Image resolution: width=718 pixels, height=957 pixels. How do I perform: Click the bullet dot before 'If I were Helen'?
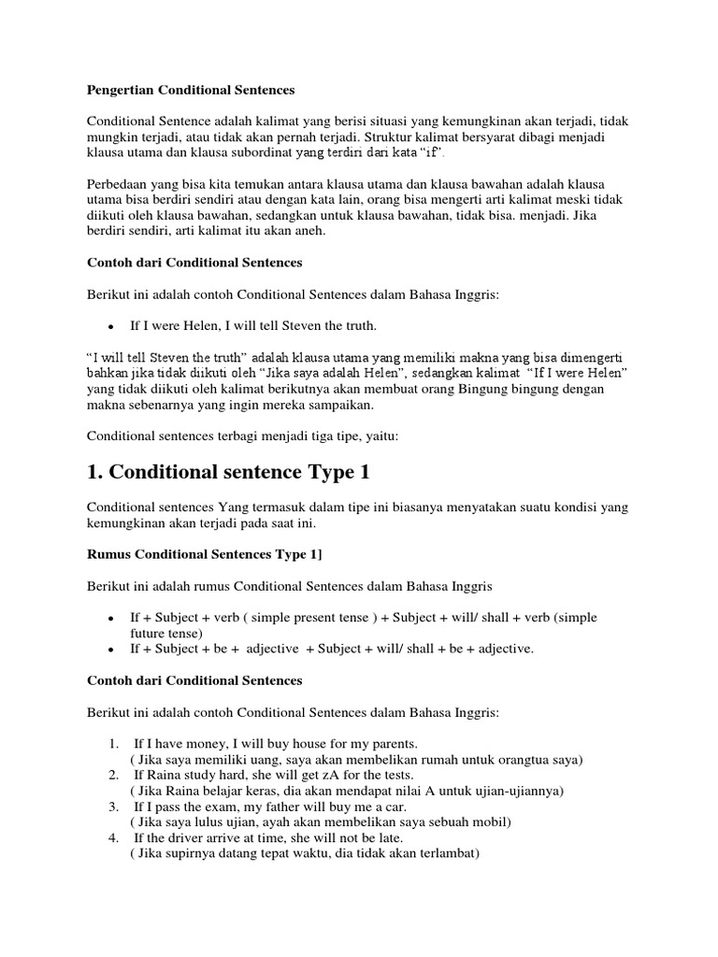110,327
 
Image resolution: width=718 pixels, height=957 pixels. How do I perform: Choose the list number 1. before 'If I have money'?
112,743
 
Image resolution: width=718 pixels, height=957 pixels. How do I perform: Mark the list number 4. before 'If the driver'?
112,837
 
